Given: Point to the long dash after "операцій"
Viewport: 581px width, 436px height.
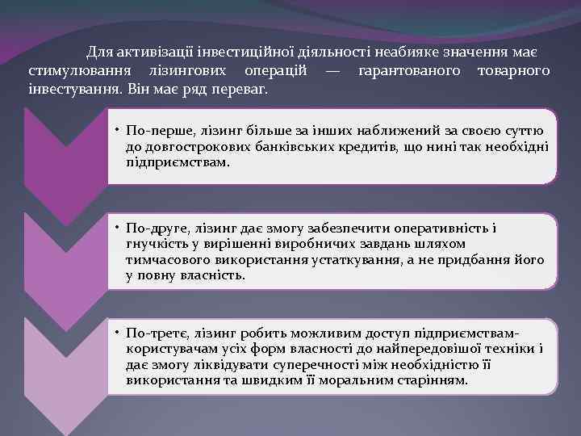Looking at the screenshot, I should [x=332, y=71].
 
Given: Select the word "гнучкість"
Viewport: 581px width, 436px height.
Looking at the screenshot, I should [x=157, y=245].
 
